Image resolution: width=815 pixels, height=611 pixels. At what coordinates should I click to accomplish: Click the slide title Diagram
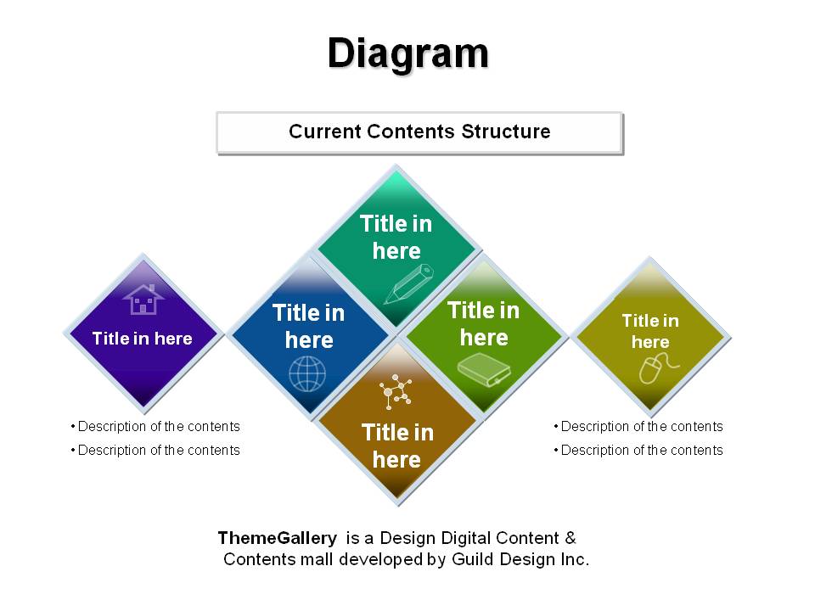click(408, 54)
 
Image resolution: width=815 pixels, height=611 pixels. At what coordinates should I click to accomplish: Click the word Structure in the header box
click(506, 132)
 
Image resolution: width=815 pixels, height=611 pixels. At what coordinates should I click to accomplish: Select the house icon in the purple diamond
click(143, 300)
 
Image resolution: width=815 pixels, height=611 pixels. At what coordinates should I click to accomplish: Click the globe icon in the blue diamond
click(307, 374)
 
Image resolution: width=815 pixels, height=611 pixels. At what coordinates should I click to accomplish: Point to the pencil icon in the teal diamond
click(408, 284)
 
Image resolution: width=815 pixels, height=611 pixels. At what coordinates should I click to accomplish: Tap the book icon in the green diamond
click(484, 369)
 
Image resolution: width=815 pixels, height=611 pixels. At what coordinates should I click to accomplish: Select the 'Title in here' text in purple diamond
click(143, 339)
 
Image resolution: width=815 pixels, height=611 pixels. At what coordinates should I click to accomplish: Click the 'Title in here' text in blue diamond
click(309, 326)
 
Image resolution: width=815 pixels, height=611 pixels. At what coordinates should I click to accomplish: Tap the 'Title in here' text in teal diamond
click(396, 238)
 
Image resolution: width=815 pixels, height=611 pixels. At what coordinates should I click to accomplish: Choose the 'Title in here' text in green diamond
click(483, 323)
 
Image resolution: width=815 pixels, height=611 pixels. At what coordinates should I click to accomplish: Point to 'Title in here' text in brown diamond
click(397, 446)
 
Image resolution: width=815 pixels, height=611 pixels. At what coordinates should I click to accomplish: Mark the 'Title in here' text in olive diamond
click(650, 331)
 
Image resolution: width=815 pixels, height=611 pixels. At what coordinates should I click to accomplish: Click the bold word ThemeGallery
click(278, 538)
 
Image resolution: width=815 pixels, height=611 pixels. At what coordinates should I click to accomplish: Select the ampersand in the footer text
click(570, 538)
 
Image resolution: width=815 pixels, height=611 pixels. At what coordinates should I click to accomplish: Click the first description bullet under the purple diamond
click(155, 427)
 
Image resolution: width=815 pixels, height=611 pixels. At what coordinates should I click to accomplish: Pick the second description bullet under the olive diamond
click(638, 450)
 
